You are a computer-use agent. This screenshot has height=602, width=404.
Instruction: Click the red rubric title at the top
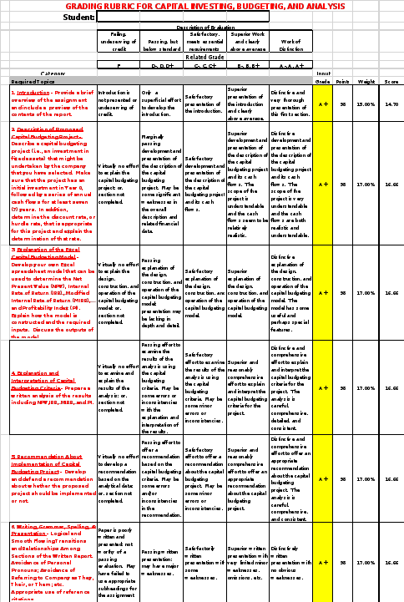[204, 5]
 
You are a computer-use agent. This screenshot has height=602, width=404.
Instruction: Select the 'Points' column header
[342, 81]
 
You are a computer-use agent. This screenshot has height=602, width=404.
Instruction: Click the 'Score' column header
[391, 81]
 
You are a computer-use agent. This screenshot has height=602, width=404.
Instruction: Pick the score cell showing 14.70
[391, 104]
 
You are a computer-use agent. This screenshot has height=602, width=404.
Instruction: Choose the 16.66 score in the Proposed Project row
[391, 185]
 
